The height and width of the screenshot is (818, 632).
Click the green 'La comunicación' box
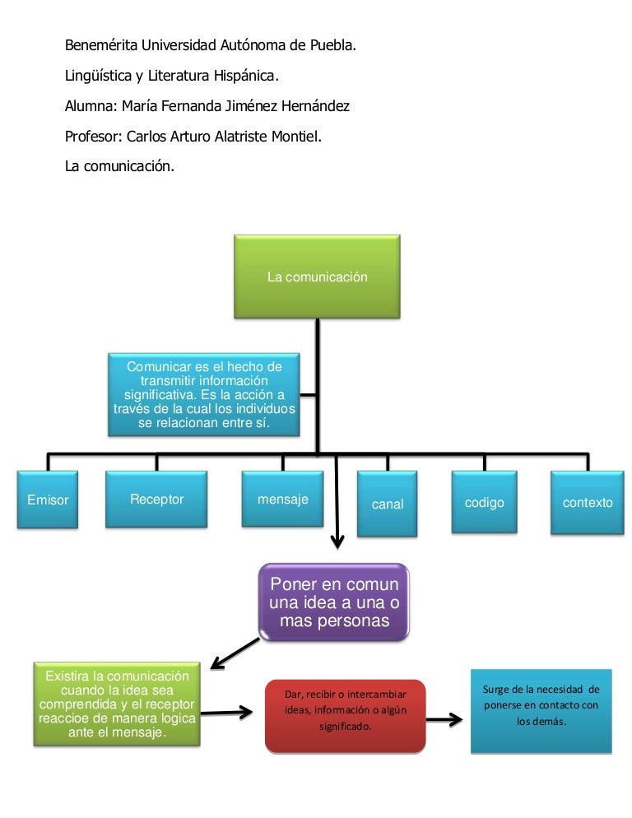pyautogui.click(x=317, y=277)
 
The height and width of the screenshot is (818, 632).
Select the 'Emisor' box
pyautogui.click(x=48, y=500)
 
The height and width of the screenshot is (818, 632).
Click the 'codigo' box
pyautogui.click(x=484, y=502)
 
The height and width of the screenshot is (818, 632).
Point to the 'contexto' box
pyautogui.click(x=587, y=502)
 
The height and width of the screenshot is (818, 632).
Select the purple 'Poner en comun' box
pyautogui.click(x=334, y=602)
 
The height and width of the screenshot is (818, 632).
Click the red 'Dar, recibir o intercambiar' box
pyautogui.click(x=345, y=714)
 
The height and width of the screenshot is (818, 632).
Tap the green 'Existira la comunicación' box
pyautogui.click(x=117, y=704)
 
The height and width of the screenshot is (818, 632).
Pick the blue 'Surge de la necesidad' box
pyautogui.click(x=541, y=711)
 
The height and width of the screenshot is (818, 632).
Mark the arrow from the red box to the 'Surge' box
pyautogui.click(x=444, y=719)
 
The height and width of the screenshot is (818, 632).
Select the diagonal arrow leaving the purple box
pyautogui.click(x=235, y=651)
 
